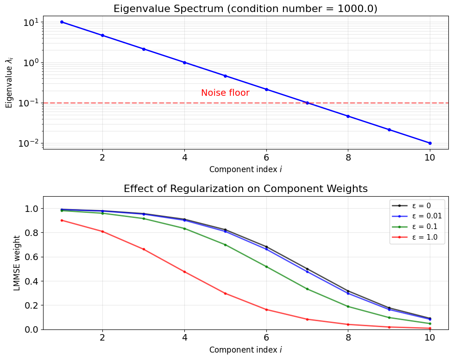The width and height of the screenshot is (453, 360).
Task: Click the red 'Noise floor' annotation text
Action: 225,93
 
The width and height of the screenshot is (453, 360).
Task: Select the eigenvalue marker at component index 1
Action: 62,22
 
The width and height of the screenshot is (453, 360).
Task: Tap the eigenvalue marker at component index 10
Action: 430,143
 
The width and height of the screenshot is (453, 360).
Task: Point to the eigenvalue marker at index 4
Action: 184,62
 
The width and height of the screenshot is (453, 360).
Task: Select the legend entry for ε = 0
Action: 411,205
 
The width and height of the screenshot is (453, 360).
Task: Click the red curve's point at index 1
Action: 62,220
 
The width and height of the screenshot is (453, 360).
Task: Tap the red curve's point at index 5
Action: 226,294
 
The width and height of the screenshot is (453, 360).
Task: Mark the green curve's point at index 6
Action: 266,267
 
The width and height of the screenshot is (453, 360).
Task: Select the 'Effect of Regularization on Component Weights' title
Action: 245,188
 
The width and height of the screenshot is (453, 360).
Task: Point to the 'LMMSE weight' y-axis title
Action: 17,263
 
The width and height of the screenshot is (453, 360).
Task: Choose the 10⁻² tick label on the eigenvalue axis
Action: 28,143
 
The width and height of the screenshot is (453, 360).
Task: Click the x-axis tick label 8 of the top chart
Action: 348,157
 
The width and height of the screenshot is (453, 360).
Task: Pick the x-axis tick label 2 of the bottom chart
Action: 102,337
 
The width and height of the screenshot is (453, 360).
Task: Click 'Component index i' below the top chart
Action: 245,169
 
